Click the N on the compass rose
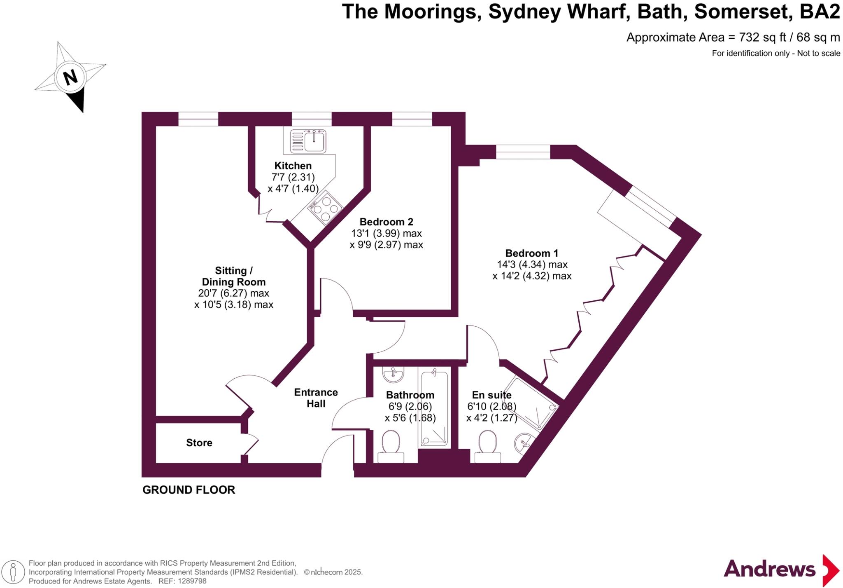point(70,77)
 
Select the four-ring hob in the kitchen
point(325,208)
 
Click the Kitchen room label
point(293,166)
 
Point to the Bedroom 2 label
point(386,222)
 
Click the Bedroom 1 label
point(532,253)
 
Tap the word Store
point(199,443)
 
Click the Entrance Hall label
point(316,398)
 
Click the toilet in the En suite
point(488,444)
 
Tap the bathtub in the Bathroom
point(434,410)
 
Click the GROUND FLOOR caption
point(189,490)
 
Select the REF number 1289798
point(191,581)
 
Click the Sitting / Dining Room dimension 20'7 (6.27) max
point(233,293)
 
